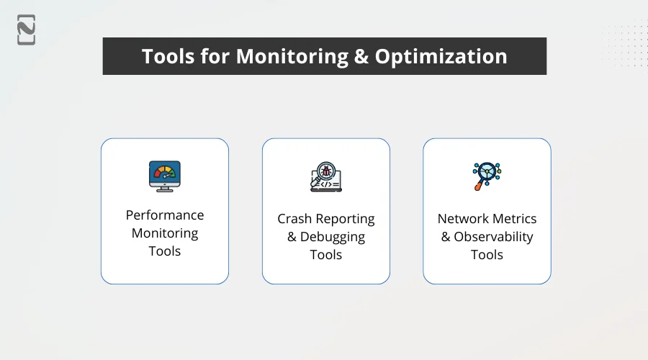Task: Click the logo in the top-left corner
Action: point(26,30)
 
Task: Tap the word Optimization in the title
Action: point(441,57)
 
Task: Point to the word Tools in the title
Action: point(168,57)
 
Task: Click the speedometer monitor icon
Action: point(165,176)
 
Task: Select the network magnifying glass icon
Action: point(486,176)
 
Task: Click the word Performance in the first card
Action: point(165,215)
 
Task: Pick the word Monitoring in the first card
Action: point(165,233)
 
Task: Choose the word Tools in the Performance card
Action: point(165,251)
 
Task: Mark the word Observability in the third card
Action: point(494,237)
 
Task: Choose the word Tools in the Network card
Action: point(487,255)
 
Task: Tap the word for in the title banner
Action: point(212,57)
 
